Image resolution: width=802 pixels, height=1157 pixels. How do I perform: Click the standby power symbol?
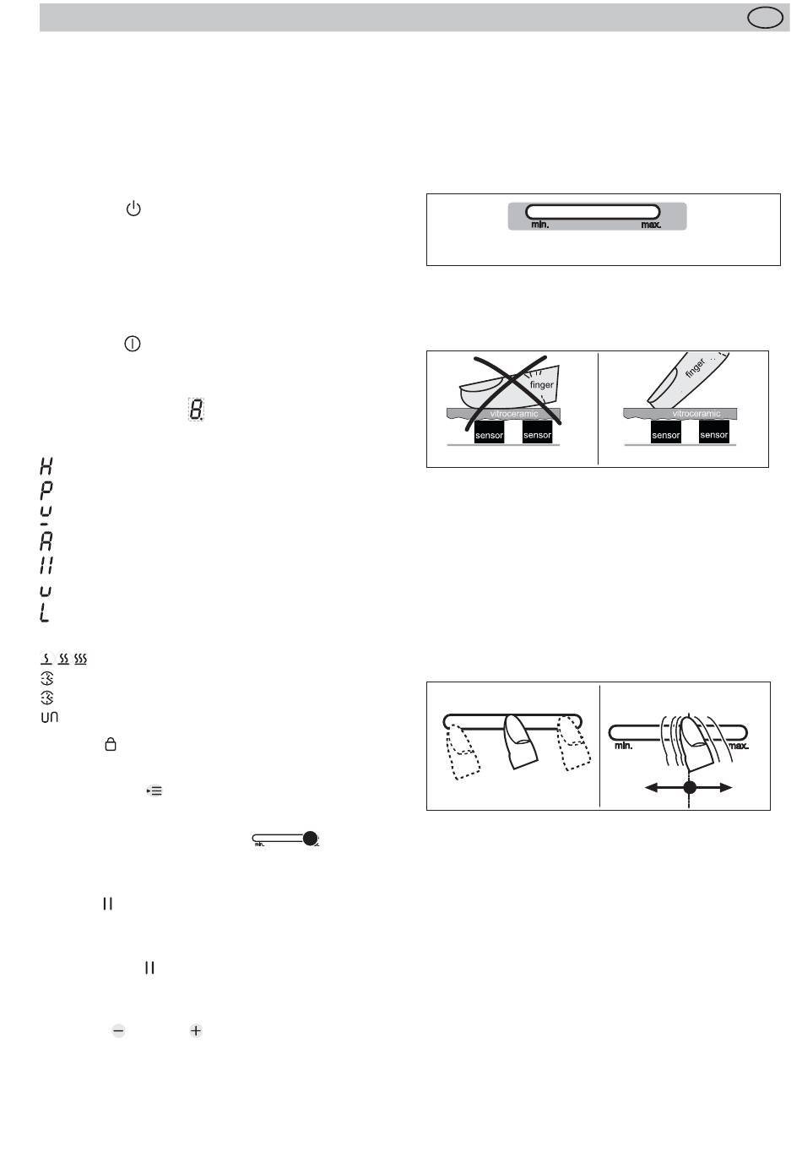coord(133,209)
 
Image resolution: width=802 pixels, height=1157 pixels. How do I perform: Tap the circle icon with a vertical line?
coord(133,344)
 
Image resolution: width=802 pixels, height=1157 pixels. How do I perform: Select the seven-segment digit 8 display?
coord(196,409)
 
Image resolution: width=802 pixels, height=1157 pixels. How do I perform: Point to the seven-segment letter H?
coord(46,466)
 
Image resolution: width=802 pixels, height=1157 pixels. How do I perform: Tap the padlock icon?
coord(111,744)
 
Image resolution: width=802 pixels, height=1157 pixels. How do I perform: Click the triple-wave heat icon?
coord(80,659)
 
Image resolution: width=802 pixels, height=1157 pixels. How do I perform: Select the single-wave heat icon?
coord(46,659)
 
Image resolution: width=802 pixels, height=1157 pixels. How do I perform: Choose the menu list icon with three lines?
coord(154,790)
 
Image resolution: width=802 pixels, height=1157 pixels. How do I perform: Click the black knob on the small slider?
coord(310,839)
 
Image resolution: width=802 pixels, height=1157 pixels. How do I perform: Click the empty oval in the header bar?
coord(765,18)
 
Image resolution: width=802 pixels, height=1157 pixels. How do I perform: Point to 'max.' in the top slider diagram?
coord(651,225)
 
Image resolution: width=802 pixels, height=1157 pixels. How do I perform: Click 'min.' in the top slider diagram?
coord(540,225)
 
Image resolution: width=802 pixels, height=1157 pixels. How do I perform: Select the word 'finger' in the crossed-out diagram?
coord(541,385)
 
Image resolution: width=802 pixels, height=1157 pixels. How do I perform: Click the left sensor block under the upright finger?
coord(666,432)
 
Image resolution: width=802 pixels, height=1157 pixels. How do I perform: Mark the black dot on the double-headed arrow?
coord(690,788)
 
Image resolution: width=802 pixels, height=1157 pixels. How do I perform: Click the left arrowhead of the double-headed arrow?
coord(651,788)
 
